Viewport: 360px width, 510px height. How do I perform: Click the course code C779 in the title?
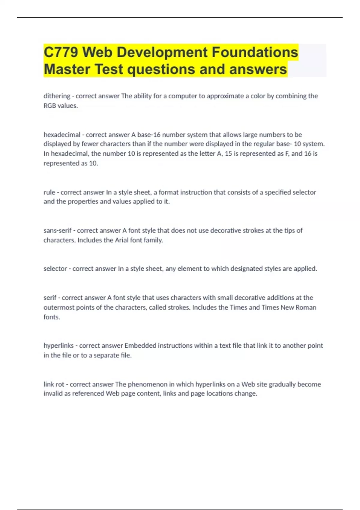61,52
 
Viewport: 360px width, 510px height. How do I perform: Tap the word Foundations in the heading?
255,52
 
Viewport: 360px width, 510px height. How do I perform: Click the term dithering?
57,96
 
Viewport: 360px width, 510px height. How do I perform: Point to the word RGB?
50,106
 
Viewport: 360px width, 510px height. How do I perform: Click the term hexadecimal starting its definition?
62,135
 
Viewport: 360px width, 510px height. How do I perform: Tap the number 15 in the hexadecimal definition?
229,154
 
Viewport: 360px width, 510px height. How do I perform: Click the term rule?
49,192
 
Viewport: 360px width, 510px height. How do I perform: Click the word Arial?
121,240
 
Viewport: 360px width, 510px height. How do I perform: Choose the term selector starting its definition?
55,269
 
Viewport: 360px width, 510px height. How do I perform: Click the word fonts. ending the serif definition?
52,317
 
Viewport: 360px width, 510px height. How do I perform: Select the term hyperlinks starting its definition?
58,346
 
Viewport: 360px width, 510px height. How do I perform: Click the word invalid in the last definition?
53,394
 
